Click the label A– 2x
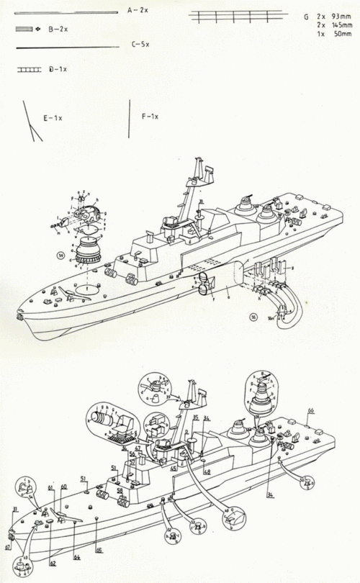[138, 12]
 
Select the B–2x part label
[58, 28]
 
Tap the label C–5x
[140, 45]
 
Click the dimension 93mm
[333, 16]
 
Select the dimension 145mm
[332, 24]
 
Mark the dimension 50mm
[333, 33]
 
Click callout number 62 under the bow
[51, 561]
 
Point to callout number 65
[99, 550]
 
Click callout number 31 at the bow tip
[15, 510]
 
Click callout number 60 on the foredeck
[63, 487]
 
